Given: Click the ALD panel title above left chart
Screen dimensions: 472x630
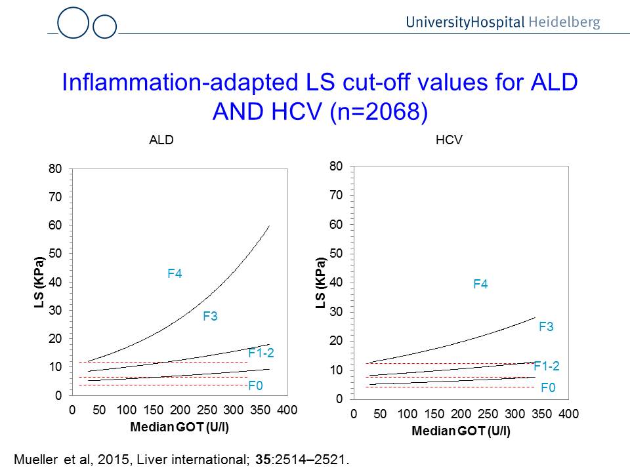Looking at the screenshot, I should tap(161, 140).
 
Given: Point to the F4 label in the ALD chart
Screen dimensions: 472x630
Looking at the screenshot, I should tap(175, 274).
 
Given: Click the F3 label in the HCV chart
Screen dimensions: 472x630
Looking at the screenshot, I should tap(546, 326).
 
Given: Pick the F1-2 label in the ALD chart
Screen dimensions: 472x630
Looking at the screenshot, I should tap(261, 353).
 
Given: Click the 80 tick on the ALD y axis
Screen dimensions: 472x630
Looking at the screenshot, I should tap(54, 169).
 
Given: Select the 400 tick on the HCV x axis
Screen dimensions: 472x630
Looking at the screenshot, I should tap(569, 414).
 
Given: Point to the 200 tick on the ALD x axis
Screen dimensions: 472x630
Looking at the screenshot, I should tap(180, 410).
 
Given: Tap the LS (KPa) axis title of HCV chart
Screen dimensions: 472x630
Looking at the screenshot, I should tap(320, 283).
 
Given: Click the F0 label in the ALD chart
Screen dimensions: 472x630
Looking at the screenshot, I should tap(255, 386).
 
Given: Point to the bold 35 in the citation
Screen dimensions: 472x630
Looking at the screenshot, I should tap(262, 458).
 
